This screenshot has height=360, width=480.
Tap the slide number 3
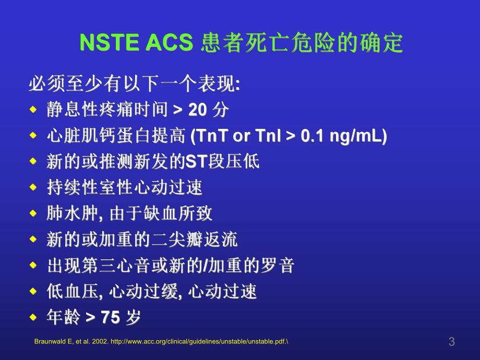[x=451, y=342]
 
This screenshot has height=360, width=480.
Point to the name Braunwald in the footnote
[x=51, y=342]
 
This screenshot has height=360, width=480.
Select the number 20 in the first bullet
[x=198, y=110]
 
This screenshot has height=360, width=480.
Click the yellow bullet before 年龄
[x=33, y=317]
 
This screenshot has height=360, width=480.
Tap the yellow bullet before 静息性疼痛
[x=33, y=110]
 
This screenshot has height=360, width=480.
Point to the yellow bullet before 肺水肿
[x=33, y=214]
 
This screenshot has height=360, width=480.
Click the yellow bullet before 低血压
[x=33, y=292]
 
